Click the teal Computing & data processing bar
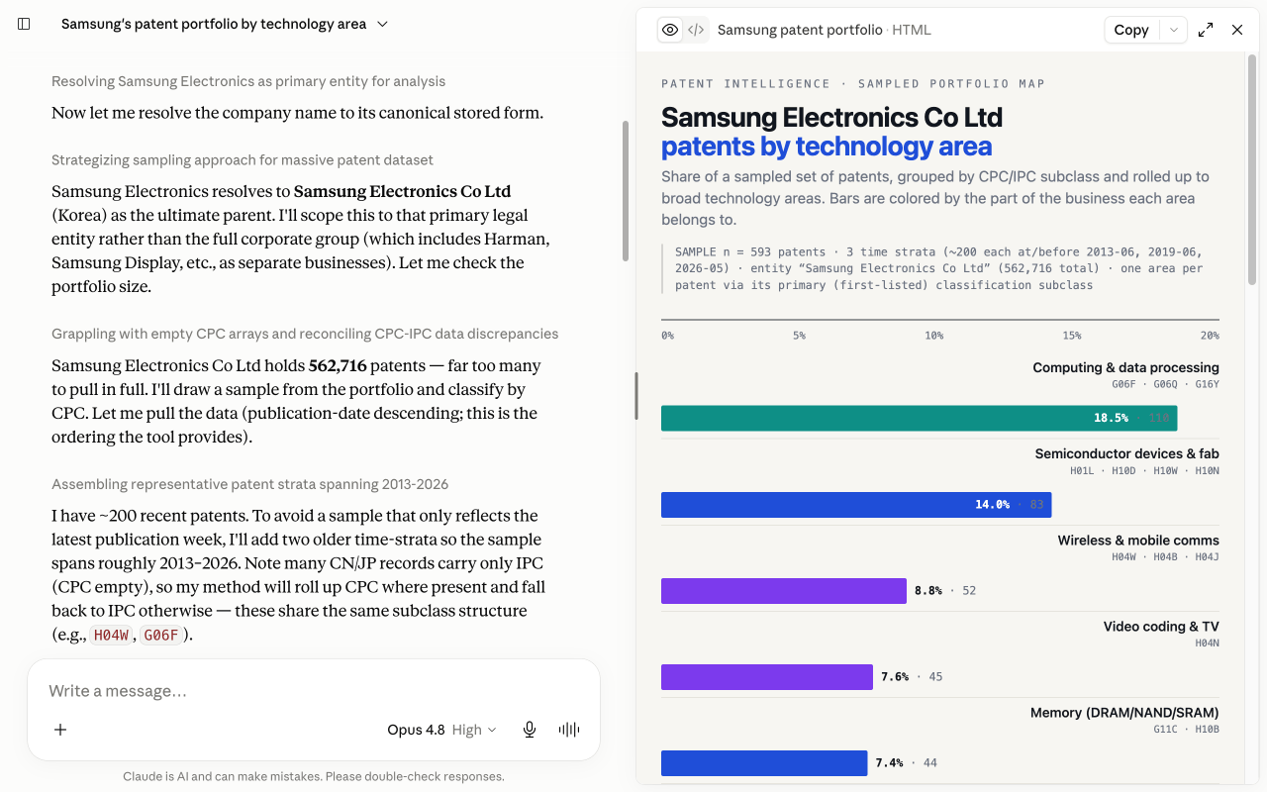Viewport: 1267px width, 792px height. pyautogui.click(x=920, y=418)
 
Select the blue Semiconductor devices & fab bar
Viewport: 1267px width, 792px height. pyautogui.click(x=856, y=505)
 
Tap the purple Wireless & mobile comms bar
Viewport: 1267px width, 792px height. pyautogui.click(x=784, y=591)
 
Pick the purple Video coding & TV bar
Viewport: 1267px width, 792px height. pyautogui.click(x=767, y=676)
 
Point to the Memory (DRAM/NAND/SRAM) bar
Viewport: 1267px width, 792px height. pyautogui.click(x=764, y=763)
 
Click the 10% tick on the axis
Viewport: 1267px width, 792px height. pyautogui.click(x=933, y=336)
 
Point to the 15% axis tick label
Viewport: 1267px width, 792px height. pyautogui.click(x=1071, y=336)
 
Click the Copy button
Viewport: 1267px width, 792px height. pyautogui.click(x=1131, y=30)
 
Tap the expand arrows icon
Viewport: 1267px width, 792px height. pyautogui.click(x=1206, y=30)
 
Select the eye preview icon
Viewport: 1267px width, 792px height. pyautogui.click(x=670, y=30)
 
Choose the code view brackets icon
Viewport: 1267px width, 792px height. pyautogui.click(x=696, y=30)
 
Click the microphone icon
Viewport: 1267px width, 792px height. pyautogui.click(x=530, y=730)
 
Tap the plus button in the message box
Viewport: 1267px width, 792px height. pyautogui.click(x=60, y=730)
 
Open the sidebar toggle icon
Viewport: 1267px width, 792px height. pyautogui.click(x=24, y=24)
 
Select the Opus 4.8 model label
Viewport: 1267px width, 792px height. pyautogui.click(x=416, y=730)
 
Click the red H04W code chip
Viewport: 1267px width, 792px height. pyautogui.click(x=112, y=636)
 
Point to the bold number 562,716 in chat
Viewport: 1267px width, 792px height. pyautogui.click(x=338, y=365)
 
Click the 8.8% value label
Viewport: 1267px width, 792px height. pyautogui.click(x=928, y=591)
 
